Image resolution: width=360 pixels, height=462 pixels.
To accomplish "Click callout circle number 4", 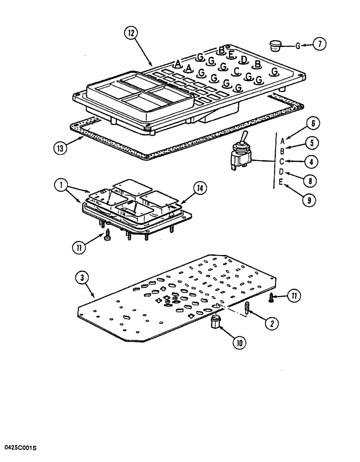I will coord(312,162).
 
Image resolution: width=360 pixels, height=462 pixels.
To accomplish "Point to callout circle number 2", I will coord(272,324).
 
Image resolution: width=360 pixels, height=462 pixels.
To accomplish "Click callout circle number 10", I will coord(239,342).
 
